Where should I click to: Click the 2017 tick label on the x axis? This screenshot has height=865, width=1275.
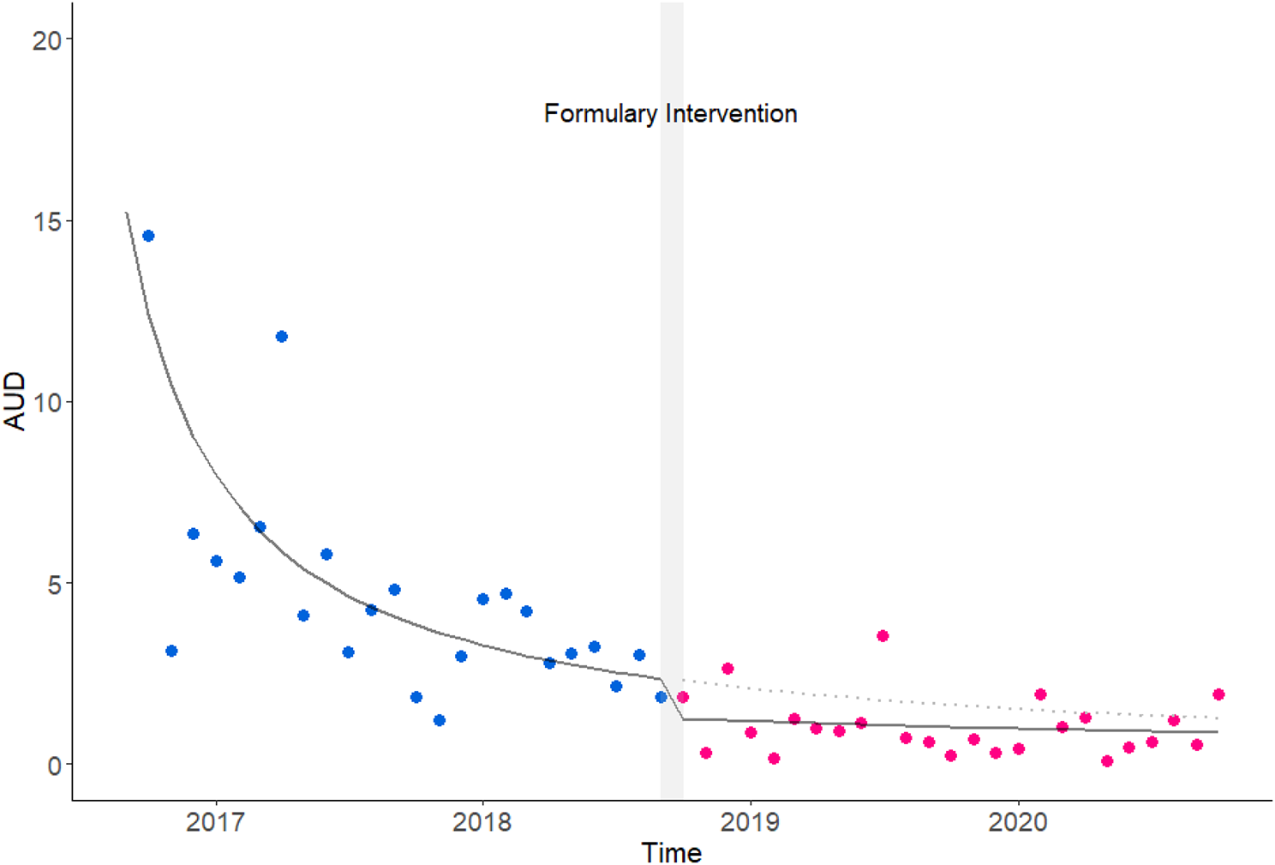pyautogui.click(x=215, y=822)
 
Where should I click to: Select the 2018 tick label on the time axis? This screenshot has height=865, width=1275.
pyautogui.click(x=482, y=822)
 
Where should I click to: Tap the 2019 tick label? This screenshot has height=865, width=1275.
pyautogui.click(x=751, y=822)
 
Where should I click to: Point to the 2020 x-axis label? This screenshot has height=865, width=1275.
pyautogui.click(x=1018, y=822)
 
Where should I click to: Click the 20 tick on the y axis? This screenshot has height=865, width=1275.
pyautogui.click(x=47, y=39)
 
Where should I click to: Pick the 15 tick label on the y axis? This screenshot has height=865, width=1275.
pyautogui.click(x=47, y=221)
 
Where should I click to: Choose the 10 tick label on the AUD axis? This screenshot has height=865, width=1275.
pyautogui.click(x=47, y=402)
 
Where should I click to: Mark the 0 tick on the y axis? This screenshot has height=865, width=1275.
pyautogui.click(x=55, y=765)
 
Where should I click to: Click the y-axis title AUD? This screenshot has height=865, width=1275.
pyautogui.click(x=15, y=401)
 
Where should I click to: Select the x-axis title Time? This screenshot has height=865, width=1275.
pyautogui.click(x=671, y=853)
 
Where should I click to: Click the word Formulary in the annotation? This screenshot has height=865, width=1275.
pyautogui.click(x=601, y=114)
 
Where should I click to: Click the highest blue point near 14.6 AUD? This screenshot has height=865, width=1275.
pyautogui.click(x=148, y=236)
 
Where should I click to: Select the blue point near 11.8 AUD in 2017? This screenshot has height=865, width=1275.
pyautogui.click(x=282, y=337)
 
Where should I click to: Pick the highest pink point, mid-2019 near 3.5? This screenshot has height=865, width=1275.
pyautogui.click(x=883, y=636)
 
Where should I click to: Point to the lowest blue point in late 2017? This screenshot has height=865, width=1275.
pyautogui.click(x=440, y=720)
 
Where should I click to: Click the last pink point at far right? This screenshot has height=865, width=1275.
pyautogui.click(x=1218, y=694)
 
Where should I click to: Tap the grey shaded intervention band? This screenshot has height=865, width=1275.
pyautogui.click(x=672, y=429)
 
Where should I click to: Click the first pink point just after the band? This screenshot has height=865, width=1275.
pyautogui.click(x=683, y=697)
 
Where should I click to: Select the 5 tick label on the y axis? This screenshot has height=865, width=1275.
pyautogui.click(x=55, y=584)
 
